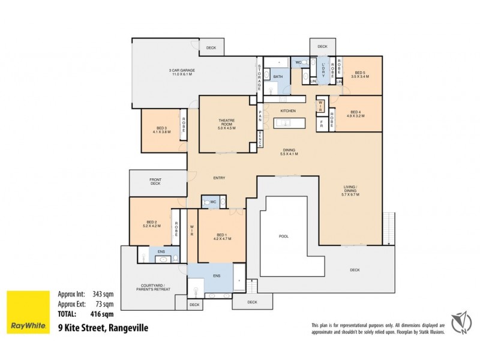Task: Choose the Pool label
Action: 284,236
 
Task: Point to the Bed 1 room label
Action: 222,236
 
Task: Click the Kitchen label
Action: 288,112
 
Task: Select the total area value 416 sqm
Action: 103,314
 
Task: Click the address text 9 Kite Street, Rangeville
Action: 102,328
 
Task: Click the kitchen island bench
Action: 290,124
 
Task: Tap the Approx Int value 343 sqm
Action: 103,294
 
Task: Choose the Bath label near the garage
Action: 278,77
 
